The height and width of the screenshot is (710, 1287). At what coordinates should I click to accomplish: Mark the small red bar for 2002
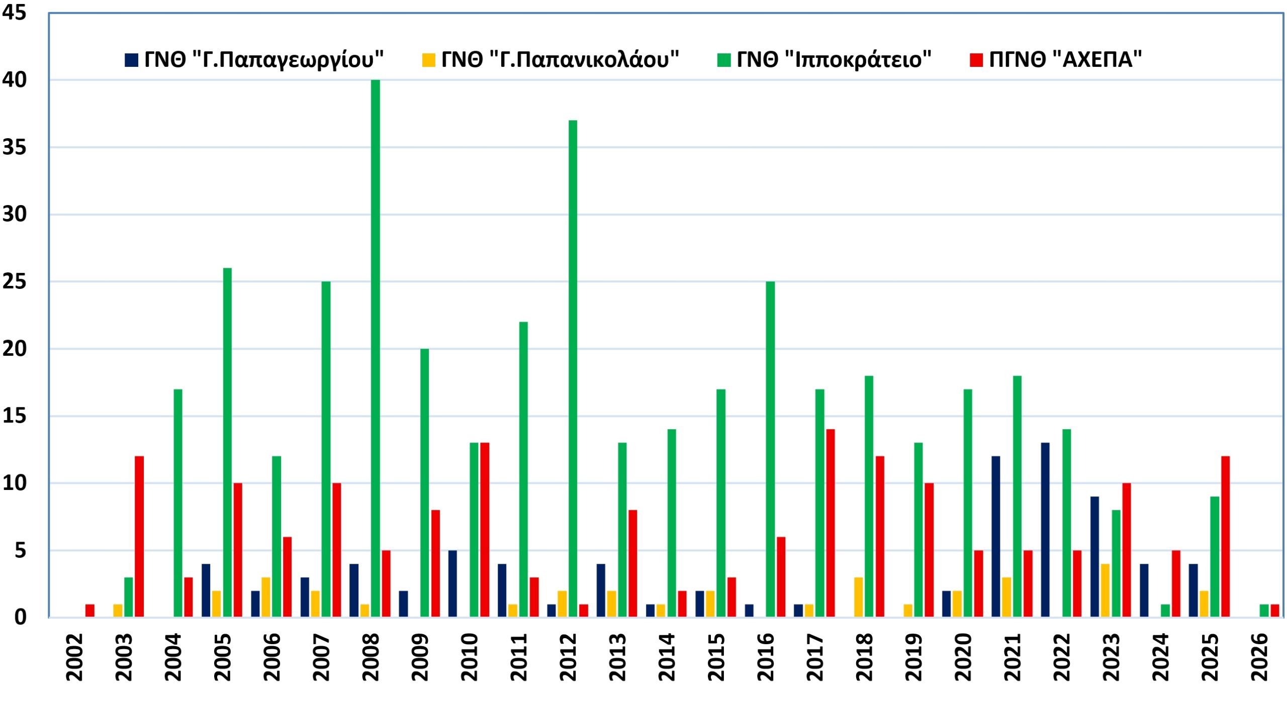click(x=90, y=611)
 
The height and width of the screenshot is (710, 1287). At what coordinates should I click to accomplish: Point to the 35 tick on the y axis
click(x=14, y=147)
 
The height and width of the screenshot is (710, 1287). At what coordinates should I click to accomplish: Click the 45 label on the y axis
click(x=14, y=13)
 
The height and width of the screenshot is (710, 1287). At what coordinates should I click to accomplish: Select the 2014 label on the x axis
click(x=667, y=657)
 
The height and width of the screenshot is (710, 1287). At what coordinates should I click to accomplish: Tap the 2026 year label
click(x=1259, y=657)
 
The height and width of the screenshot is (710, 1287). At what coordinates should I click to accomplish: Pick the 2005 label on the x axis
click(x=222, y=657)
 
